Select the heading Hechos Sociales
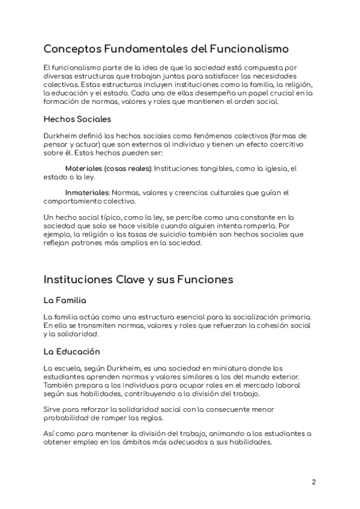[77, 119]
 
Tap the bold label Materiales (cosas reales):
[109, 169]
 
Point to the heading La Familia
[65, 300]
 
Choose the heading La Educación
[72, 351]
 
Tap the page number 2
[314, 482]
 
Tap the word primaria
[294, 316]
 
